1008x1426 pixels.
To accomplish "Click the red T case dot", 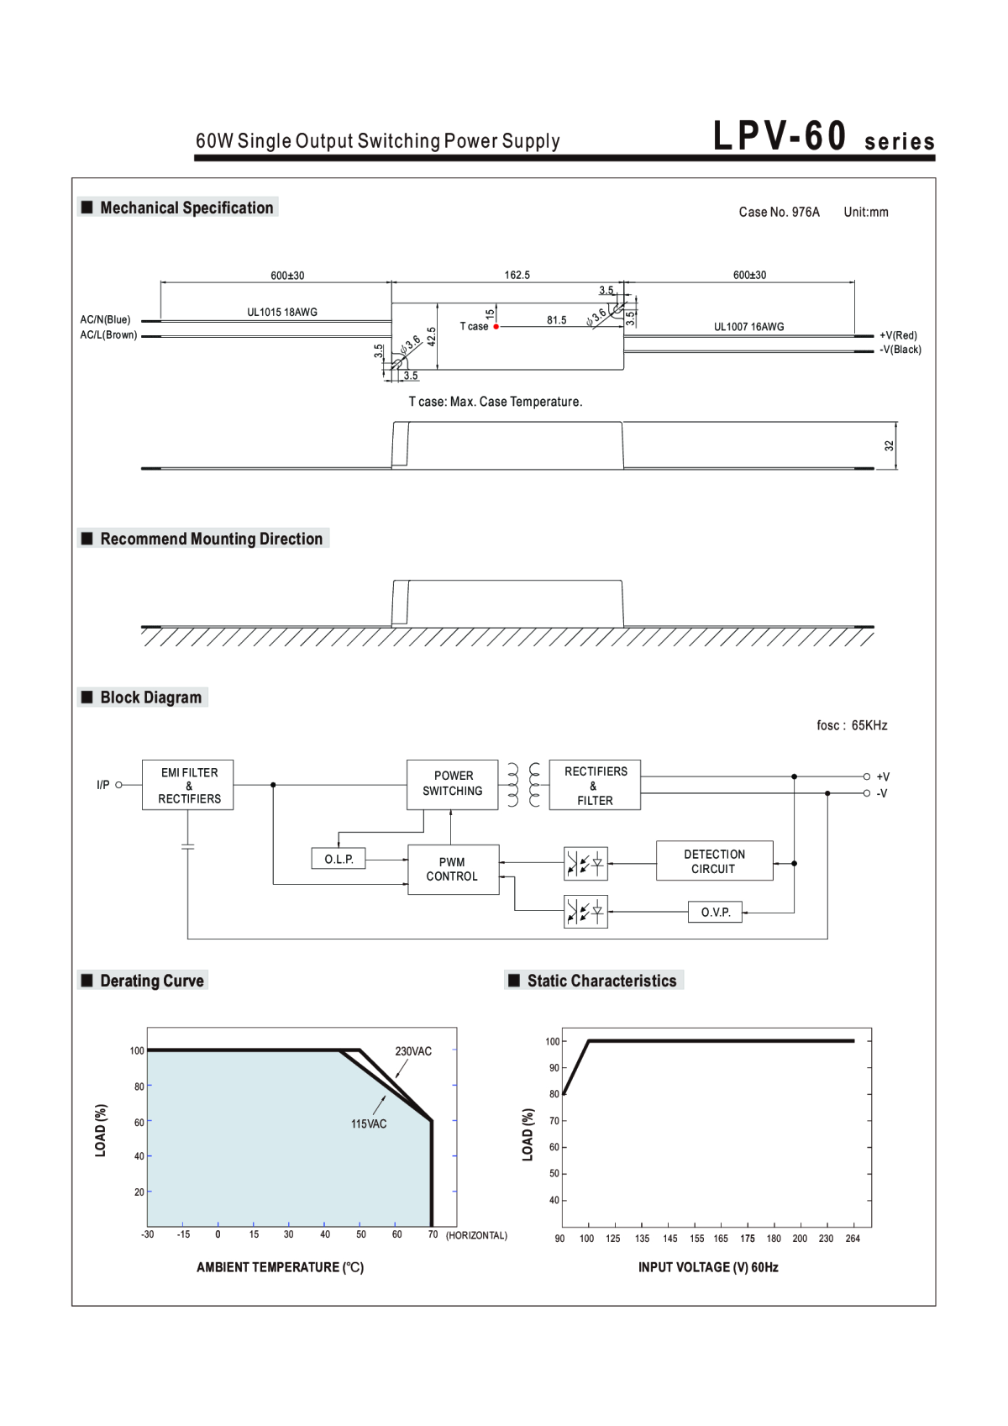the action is (x=496, y=327).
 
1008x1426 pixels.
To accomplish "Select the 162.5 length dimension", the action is (x=517, y=275).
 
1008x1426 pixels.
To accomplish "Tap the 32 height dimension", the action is (x=889, y=445).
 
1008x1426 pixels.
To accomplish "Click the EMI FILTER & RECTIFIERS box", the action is (x=187, y=785).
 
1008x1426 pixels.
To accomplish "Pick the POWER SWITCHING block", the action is (x=453, y=784).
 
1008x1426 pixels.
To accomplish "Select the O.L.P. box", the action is (x=339, y=859).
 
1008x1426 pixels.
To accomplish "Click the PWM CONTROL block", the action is (x=453, y=870).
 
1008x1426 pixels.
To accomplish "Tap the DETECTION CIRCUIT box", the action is (x=715, y=860).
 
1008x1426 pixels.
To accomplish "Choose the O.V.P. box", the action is (x=716, y=913).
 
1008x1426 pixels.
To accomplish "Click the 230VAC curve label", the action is (x=413, y=1051).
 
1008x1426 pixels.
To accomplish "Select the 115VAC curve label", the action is (x=369, y=1123).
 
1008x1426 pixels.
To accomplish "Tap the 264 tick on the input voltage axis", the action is (x=853, y=1239).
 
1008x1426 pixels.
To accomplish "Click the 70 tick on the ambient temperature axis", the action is (x=433, y=1234).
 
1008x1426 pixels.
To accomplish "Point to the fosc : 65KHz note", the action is (x=852, y=725).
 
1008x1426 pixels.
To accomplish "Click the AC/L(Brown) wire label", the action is (x=108, y=334).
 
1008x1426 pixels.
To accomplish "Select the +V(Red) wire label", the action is (x=898, y=335).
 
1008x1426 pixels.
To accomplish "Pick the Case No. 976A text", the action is (x=779, y=212).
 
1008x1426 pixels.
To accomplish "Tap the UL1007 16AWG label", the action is (x=748, y=327).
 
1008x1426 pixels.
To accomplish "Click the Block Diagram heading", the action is (x=151, y=697).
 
